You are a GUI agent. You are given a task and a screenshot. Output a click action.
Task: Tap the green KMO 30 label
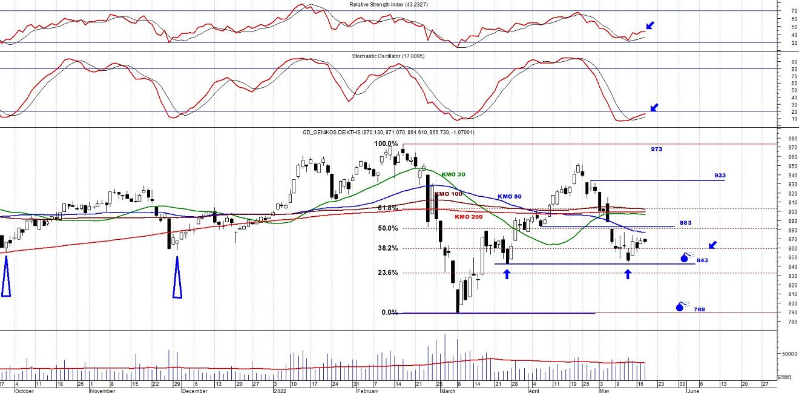coord(453,174)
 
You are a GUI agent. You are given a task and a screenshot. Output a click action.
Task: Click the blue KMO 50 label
coord(509,196)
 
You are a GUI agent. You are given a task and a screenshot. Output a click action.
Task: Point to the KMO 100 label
coord(449,194)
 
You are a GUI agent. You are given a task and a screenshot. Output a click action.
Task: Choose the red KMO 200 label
coord(470,216)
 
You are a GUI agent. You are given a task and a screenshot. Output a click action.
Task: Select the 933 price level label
coord(719,176)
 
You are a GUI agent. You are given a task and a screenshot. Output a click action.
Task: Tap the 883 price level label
coord(685,223)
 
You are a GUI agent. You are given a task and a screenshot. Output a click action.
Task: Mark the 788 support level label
coord(699,309)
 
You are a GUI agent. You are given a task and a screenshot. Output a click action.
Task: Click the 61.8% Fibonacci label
coord(387,208)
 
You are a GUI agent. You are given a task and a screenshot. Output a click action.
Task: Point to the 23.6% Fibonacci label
coord(387,272)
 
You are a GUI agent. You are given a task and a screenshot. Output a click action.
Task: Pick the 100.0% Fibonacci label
coord(386,144)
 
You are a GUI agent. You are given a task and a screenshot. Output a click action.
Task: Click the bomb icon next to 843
coord(686,257)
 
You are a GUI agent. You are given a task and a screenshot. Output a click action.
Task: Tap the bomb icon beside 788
coord(681,306)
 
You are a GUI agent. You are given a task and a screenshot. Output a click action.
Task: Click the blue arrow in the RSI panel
coord(650,25)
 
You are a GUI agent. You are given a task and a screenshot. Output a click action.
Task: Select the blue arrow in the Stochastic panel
coord(653,108)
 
